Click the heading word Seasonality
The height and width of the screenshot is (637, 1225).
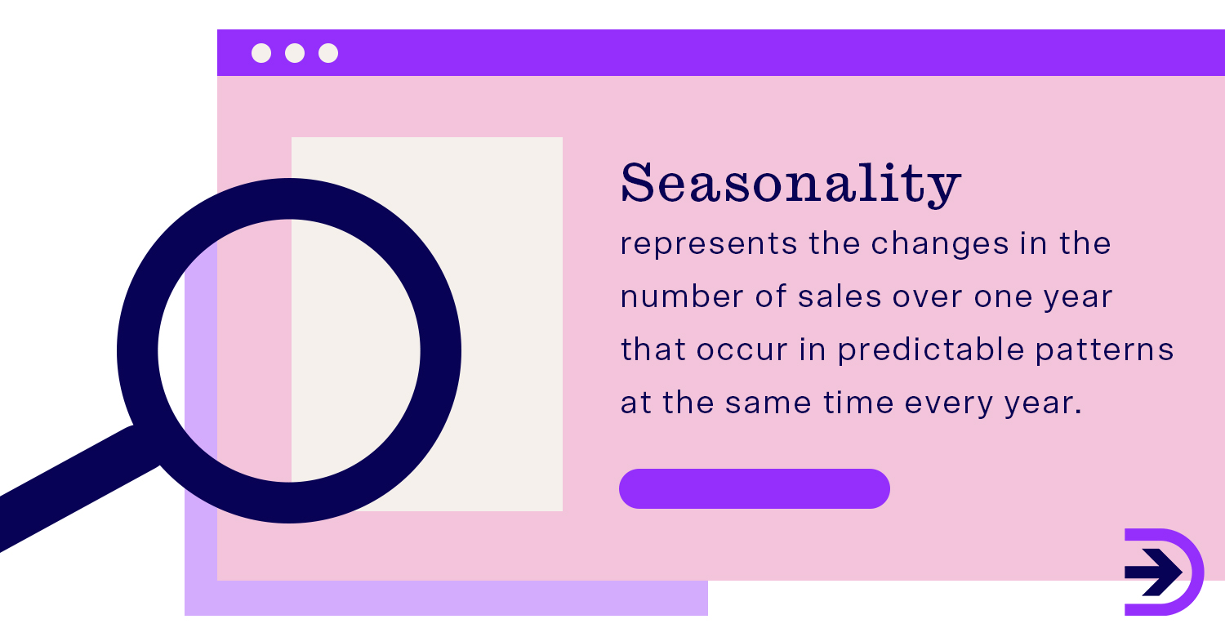tap(790, 183)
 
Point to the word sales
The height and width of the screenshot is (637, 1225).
tap(827, 297)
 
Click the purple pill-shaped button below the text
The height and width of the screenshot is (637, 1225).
tap(755, 488)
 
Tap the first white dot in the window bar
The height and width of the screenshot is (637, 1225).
tap(261, 53)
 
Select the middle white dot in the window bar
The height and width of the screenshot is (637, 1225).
tap(295, 53)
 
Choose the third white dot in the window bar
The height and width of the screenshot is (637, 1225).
tap(328, 53)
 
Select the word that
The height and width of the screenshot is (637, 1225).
tap(652, 350)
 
